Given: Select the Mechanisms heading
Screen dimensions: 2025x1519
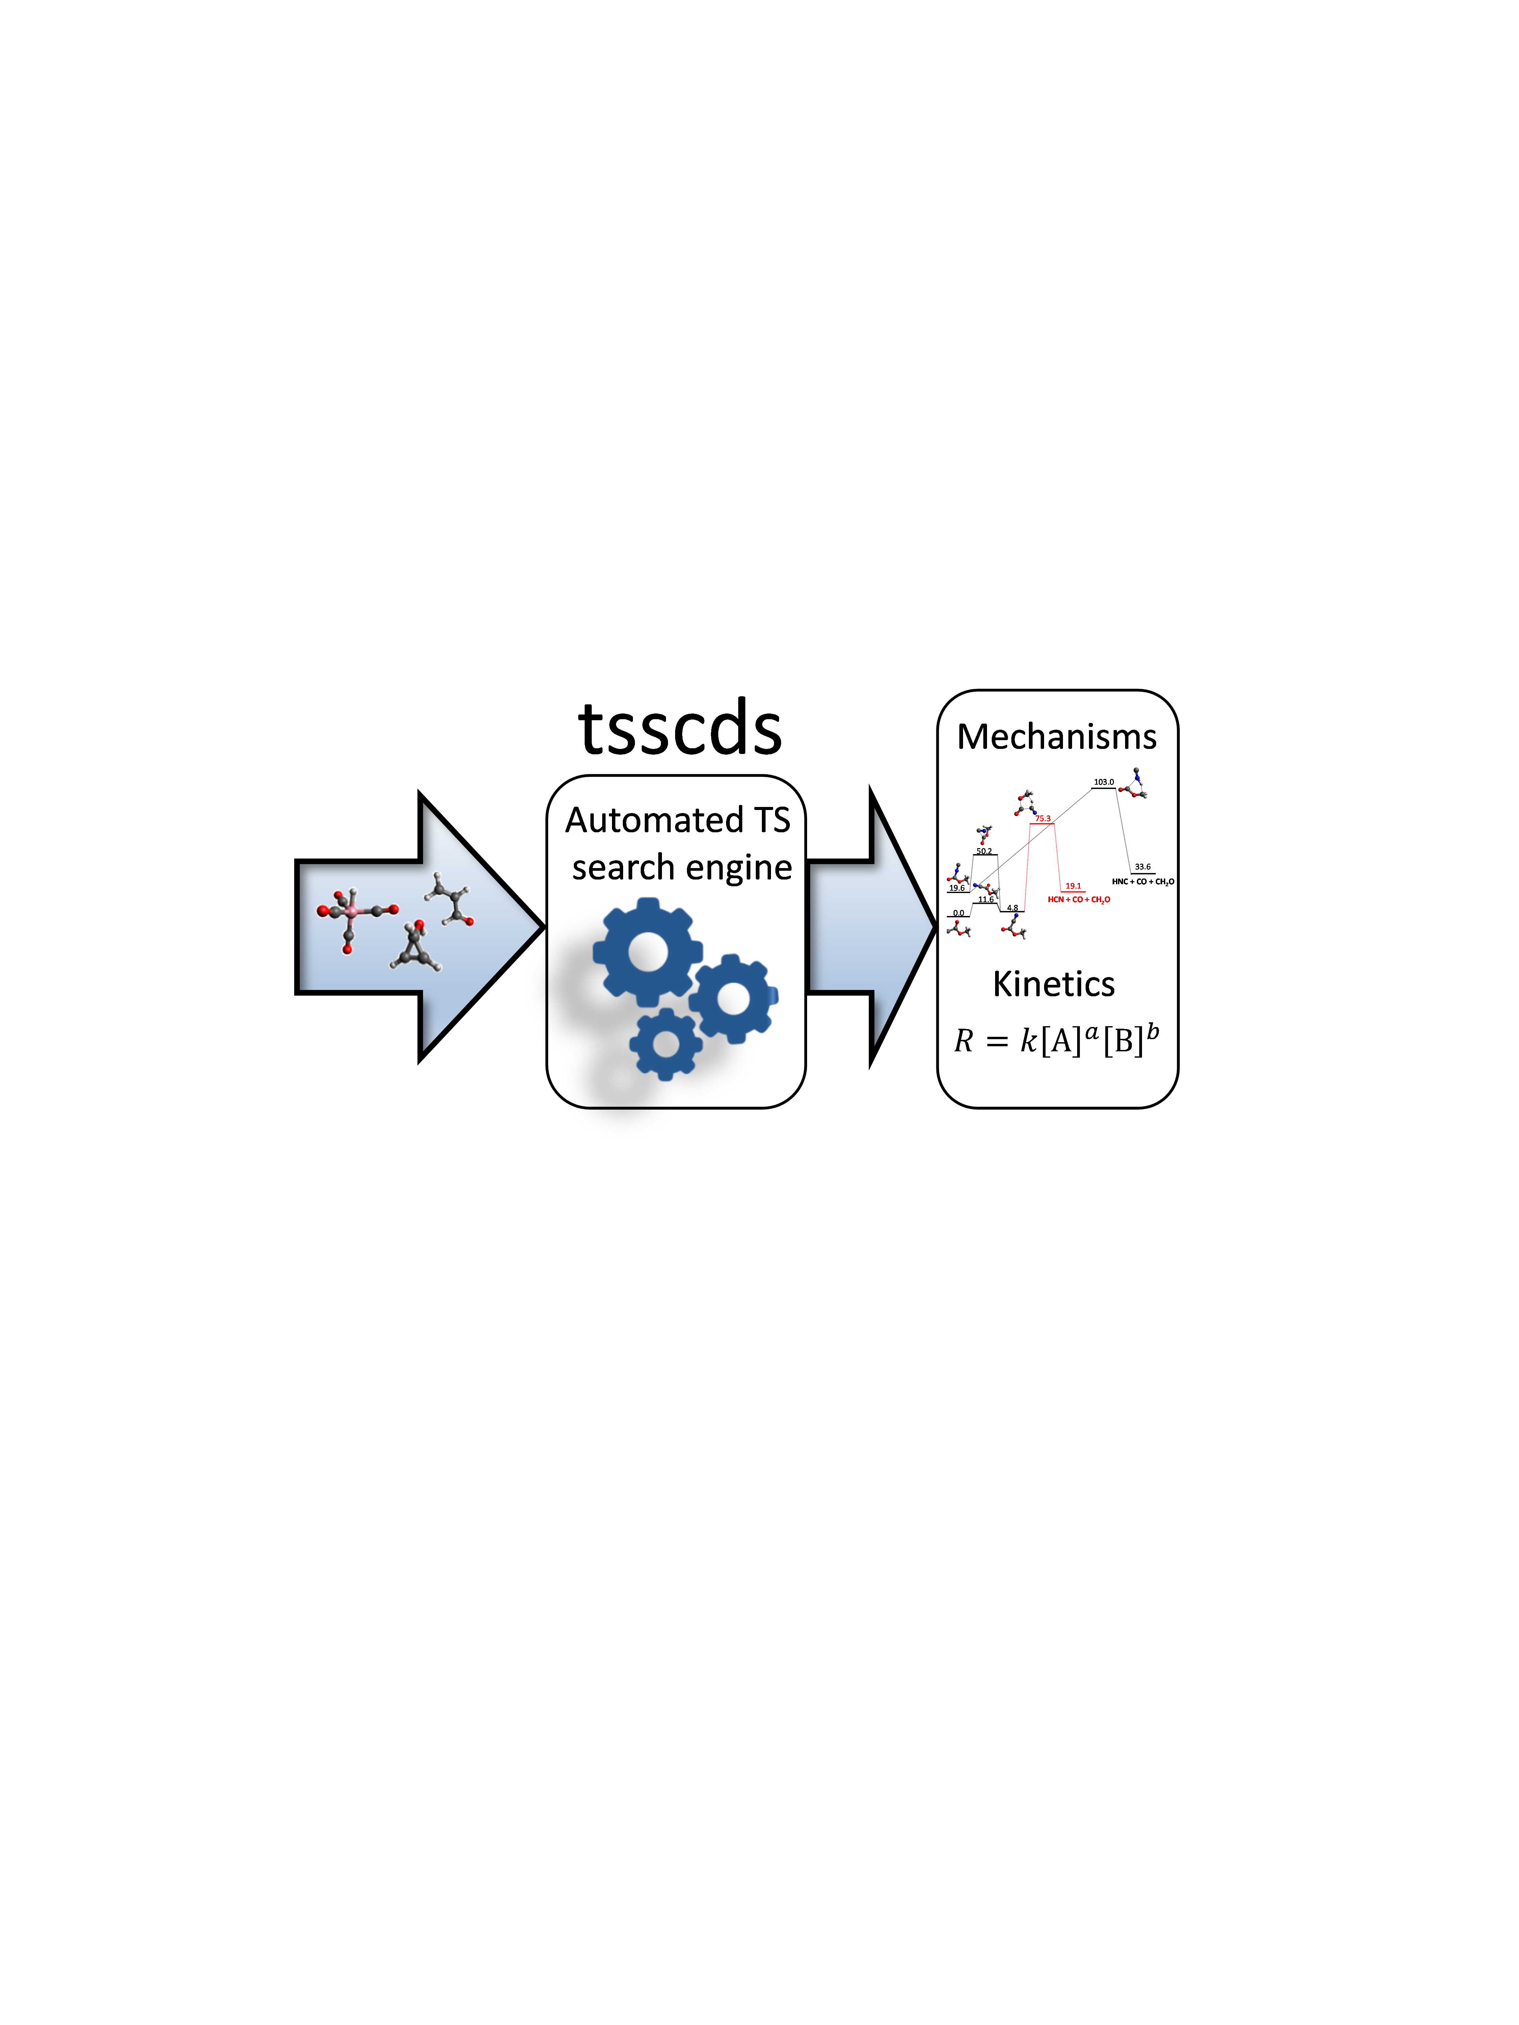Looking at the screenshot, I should [1057, 737].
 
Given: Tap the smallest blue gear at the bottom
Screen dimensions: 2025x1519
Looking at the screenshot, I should [666, 1044].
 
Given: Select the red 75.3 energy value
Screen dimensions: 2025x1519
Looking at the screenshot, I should [1043, 818].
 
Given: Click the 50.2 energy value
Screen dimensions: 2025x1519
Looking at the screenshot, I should [983, 852].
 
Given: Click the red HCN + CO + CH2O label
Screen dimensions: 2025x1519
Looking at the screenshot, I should [1078, 900].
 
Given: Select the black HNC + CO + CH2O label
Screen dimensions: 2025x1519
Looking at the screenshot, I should [1143, 882].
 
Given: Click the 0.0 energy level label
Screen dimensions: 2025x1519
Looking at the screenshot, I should [958, 913].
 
